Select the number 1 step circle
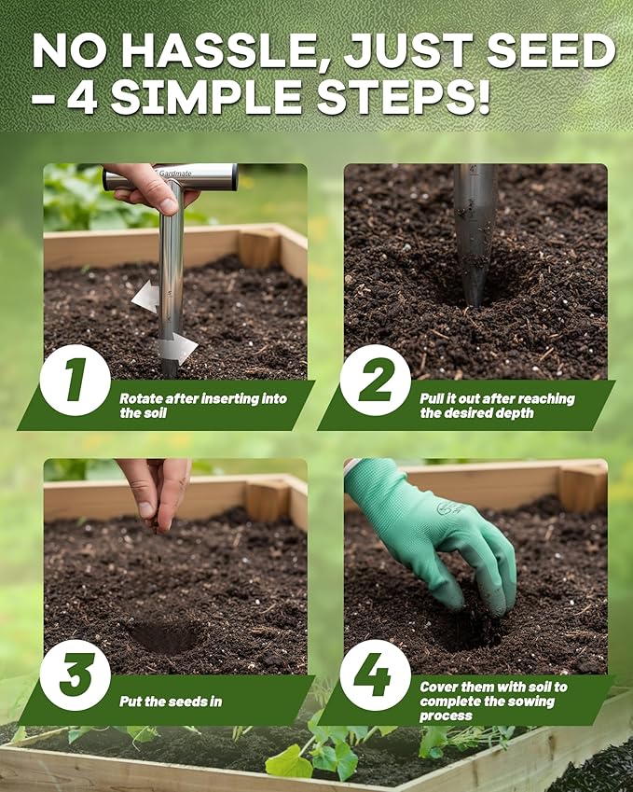[x=75, y=380]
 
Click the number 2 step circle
[x=375, y=380]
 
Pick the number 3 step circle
[x=75, y=674]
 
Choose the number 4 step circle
[x=375, y=674]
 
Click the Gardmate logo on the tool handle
[x=174, y=174]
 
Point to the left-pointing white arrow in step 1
[x=144, y=297]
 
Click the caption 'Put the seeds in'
[x=171, y=701]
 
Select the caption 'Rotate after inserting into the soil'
[x=203, y=405]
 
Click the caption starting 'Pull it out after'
[x=497, y=405]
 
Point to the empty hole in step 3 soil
[x=165, y=636]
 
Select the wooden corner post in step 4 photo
[x=583, y=487]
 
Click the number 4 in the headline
[x=82, y=97]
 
